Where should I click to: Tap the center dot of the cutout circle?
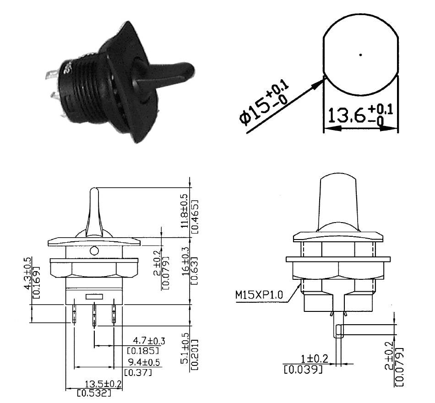pyautogui.click(x=361, y=55)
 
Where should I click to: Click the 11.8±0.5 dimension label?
pyautogui.click(x=185, y=212)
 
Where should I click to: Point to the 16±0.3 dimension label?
pyautogui.click(x=185, y=270)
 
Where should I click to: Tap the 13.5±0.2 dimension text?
pyautogui.click(x=103, y=384)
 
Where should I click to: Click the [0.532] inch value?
pyautogui.click(x=94, y=393)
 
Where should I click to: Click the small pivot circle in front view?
pyautogui.click(x=94, y=251)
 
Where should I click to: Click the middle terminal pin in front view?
pyautogui.click(x=94, y=316)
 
